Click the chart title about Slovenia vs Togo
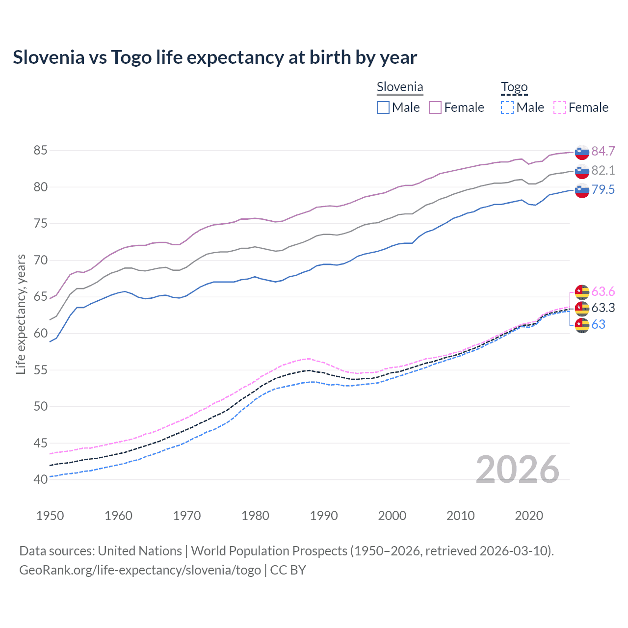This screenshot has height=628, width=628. click(x=215, y=57)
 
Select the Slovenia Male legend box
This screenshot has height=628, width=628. click(x=383, y=107)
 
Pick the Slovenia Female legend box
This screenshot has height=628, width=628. click(x=435, y=107)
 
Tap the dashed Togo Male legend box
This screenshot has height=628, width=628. click(x=507, y=107)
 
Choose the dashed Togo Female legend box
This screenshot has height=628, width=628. click(x=559, y=107)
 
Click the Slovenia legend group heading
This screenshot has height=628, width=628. click(x=400, y=87)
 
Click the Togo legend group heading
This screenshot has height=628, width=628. click(x=514, y=87)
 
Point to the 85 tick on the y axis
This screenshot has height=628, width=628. click(x=40, y=150)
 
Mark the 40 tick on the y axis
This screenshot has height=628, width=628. click(x=40, y=479)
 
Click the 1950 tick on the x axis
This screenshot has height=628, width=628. click(x=50, y=516)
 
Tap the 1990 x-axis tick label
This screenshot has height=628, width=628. click(x=324, y=516)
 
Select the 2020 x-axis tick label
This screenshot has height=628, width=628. click(x=529, y=516)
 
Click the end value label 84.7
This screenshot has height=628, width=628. click(x=603, y=151)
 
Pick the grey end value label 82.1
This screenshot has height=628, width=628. click(x=603, y=170)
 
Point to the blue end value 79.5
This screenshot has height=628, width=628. click(x=603, y=190)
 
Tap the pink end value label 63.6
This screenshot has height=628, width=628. click(x=603, y=292)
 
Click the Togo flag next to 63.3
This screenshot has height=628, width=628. click(x=582, y=308)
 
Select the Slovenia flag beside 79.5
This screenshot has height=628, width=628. click(x=582, y=190)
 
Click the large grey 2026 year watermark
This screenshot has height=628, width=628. click(x=518, y=470)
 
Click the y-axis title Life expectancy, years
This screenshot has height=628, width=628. click(x=21, y=314)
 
